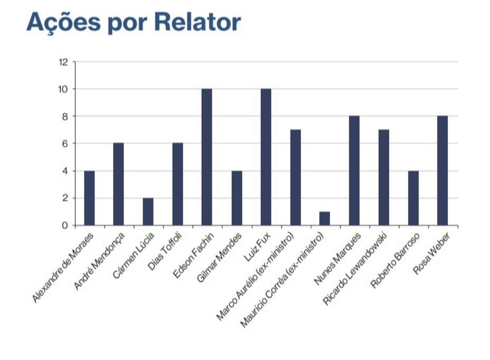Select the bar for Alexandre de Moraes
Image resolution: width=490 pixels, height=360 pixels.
(x=89, y=198)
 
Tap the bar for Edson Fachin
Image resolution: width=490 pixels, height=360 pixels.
(x=207, y=157)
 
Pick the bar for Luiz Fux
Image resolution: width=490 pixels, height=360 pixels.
(x=266, y=157)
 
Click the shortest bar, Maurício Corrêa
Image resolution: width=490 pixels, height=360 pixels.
(x=324, y=218)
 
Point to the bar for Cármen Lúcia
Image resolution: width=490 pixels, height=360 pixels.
(x=148, y=212)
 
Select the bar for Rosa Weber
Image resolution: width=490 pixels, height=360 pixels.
(x=443, y=171)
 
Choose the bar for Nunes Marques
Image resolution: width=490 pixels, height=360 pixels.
(x=354, y=171)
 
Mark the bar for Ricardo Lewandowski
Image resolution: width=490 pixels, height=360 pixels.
(x=383, y=177)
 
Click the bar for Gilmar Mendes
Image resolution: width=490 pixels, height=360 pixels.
(x=236, y=198)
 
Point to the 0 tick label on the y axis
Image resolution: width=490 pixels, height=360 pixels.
(x=64, y=226)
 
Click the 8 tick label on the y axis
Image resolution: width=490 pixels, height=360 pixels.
(x=64, y=116)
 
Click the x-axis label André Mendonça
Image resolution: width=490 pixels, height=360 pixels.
(x=98, y=261)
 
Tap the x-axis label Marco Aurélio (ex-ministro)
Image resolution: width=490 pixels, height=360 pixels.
(x=256, y=278)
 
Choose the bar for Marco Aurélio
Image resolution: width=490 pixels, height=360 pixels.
(x=295, y=177)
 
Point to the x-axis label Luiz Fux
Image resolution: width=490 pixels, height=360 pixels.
(x=260, y=243)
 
